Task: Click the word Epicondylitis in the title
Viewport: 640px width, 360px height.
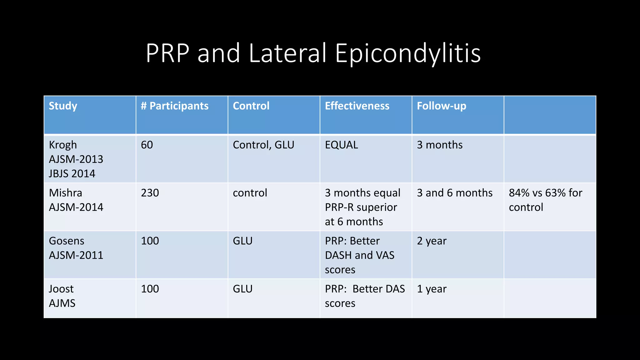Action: coord(408,53)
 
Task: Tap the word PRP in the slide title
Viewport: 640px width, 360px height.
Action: coord(167,53)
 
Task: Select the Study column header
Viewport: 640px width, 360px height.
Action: coord(63,106)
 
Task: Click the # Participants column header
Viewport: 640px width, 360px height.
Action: coord(175,106)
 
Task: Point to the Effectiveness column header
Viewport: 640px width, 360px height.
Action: coord(357,106)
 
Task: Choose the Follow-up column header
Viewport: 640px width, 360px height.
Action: coord(442,106)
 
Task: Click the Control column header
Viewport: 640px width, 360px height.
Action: coord(251,106)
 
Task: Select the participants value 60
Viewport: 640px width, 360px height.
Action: coord(147,145)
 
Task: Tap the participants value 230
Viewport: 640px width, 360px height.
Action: coord(150,193)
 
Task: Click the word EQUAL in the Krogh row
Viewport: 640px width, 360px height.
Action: coord(342,145)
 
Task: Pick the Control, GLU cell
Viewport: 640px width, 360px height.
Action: coord(263,145)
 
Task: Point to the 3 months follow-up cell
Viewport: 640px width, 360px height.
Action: coord(440,145)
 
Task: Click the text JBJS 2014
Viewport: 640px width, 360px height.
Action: coord(72,174)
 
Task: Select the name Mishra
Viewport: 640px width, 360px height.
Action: coord(66,193)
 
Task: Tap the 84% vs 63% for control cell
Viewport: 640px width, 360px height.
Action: coord(545,200)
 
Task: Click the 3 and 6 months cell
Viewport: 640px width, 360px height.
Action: coord(455,193)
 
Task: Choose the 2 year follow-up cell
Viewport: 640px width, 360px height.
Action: coord(432,241)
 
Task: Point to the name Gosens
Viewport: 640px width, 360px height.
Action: coord(67,241)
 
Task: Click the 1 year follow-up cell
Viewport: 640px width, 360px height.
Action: coord(432,289)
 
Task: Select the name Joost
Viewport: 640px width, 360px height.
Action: coord(61,289)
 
